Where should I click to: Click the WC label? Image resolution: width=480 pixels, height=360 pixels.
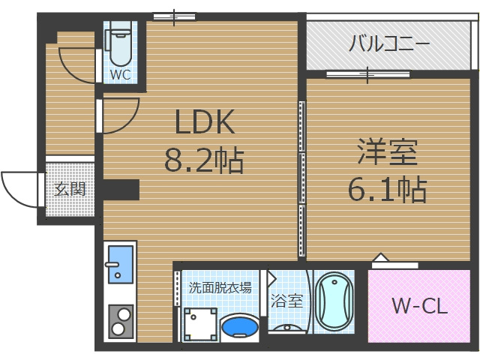click(x=120, y=75)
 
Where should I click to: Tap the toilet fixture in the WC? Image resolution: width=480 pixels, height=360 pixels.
click(x=120, y=45)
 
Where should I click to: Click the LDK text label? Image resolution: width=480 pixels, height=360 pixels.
click(x=205, y=121)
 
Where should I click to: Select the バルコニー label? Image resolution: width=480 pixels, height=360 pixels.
click(x=388, y=43)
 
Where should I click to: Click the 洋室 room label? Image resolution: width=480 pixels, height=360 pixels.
click(x=387, y=153)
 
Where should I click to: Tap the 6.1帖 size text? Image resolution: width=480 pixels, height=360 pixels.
click(x=387, y=189)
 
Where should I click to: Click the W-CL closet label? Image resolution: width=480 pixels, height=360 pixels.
click(x=420, y=306)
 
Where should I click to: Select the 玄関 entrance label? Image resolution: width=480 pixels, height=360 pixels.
click(x=70, y=188)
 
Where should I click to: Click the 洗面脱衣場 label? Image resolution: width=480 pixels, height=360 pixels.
click(x=220, y=287)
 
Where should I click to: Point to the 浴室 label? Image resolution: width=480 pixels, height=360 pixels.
click(x=286, y=301)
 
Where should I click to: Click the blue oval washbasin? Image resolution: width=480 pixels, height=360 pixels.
click(x=240, y=327)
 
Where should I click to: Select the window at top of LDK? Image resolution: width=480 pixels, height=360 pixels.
click(x=174, y=16)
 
